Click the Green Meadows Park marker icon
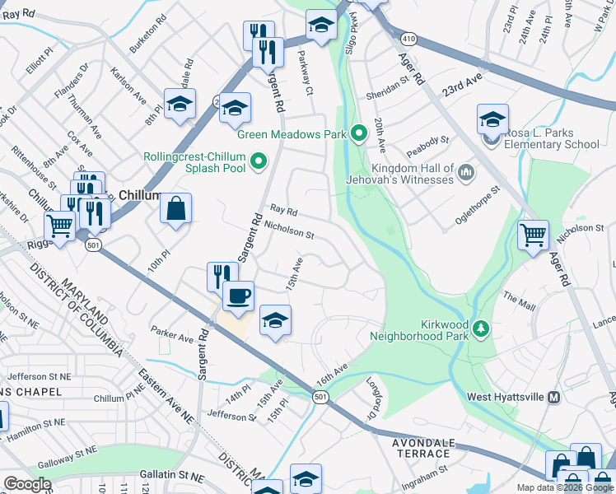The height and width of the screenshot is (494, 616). click(x=359, y=133)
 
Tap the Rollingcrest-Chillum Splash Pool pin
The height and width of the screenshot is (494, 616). click(x=259, y=161)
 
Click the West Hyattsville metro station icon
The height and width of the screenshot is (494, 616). click(x=554, y=397)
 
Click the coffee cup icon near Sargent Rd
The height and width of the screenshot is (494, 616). click(x=238, y=296)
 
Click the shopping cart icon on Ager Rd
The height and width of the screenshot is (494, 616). click(x=533, y=235)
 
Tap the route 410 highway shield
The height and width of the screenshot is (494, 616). click(x=408, y=38)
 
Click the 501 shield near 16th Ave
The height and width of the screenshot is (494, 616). click(x=321, y=398)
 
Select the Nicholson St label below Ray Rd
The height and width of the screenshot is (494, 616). click(x=288, y=235)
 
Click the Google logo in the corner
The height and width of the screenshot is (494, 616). click(x=28, y=484)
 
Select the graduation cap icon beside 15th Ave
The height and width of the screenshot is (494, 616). click(x=276, y=321)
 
